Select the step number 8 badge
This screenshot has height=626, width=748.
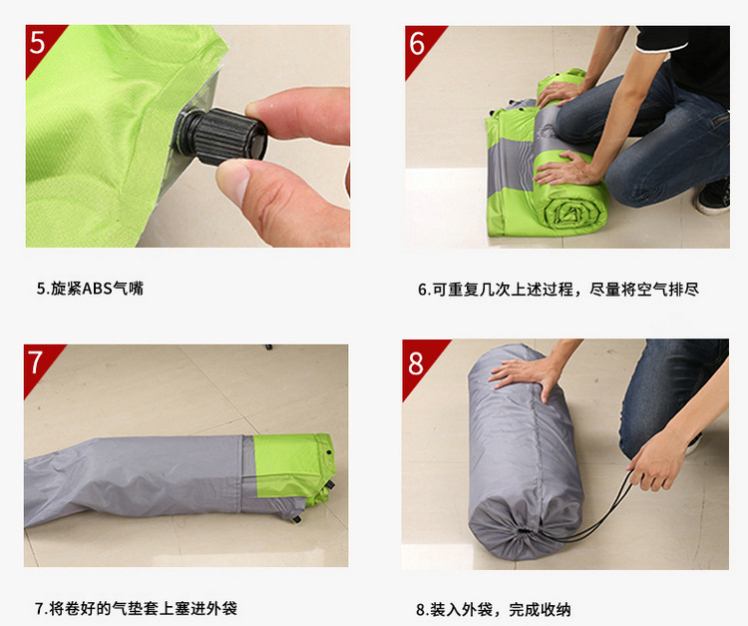(x=418, y=362)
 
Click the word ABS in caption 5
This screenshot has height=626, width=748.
(x=97, y=289)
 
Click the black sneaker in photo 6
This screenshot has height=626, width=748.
(x=713, y=197)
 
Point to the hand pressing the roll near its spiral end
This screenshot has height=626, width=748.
(x=566, y=170)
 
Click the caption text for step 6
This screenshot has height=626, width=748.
(x=559, y=290)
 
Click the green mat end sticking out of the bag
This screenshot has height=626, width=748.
(x=294, y=469)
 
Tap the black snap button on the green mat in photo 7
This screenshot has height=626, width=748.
(x=329, y=451)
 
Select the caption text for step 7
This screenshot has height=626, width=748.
(x=136, y=608)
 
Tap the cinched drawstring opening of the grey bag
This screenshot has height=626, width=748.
(x=524, y=530)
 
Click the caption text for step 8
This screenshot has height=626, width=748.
(x=494, y=609)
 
